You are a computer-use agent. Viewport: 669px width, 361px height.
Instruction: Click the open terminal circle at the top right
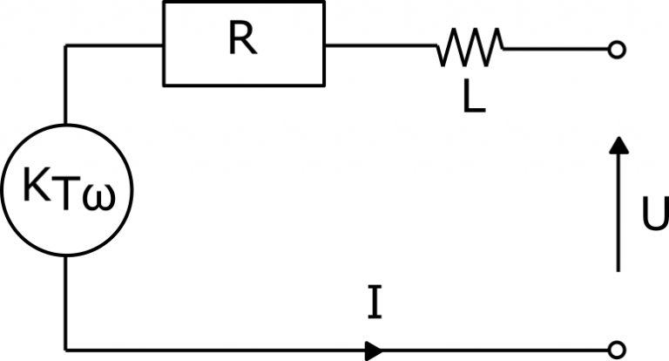click(617, 51)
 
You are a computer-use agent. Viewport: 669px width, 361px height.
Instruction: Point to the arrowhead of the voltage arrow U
click(618, 146)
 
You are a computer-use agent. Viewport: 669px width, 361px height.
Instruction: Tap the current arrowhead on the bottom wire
click(374, 351)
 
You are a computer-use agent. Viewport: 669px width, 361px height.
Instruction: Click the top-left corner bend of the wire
click(66, 45)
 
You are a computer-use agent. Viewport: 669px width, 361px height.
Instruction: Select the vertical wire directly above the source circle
click(66, 87)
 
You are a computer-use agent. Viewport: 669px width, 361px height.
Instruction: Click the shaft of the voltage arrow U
click(618, 218)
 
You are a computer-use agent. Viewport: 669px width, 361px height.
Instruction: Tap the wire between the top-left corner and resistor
click(113, 45)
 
